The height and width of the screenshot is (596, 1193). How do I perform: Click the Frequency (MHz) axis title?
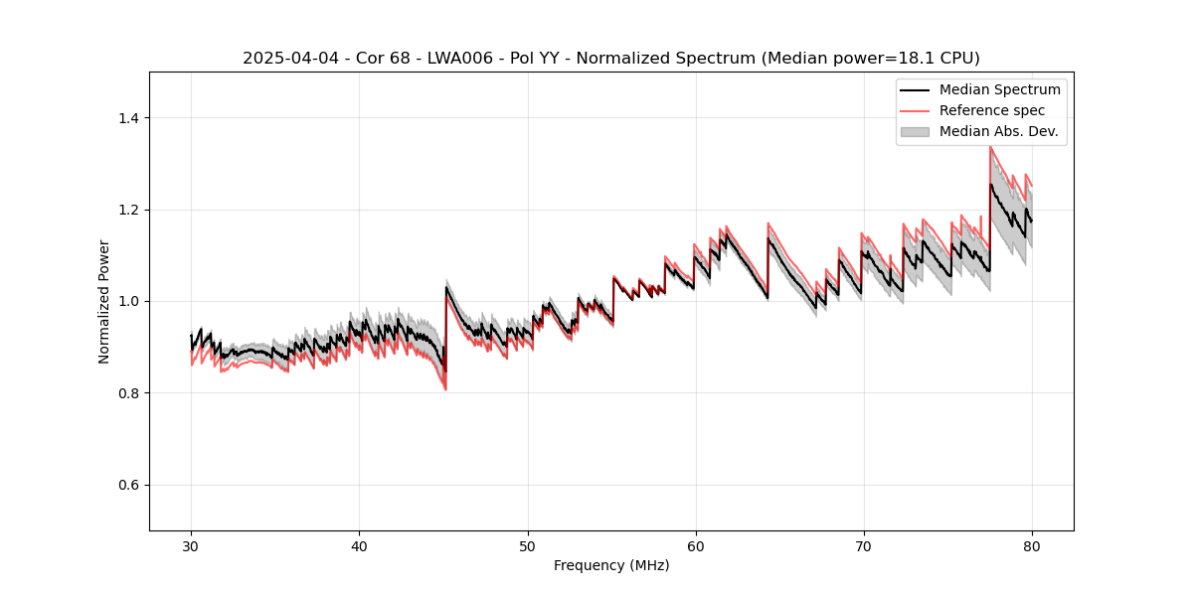611,565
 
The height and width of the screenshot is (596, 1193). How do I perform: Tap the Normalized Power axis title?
104,301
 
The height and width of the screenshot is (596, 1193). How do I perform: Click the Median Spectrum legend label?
999,89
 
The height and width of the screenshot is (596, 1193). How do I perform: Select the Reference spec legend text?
992,110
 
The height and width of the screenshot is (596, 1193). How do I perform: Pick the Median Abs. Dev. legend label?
999,131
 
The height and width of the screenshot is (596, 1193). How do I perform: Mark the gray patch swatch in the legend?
915,131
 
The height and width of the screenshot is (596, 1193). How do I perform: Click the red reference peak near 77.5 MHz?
990,147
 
